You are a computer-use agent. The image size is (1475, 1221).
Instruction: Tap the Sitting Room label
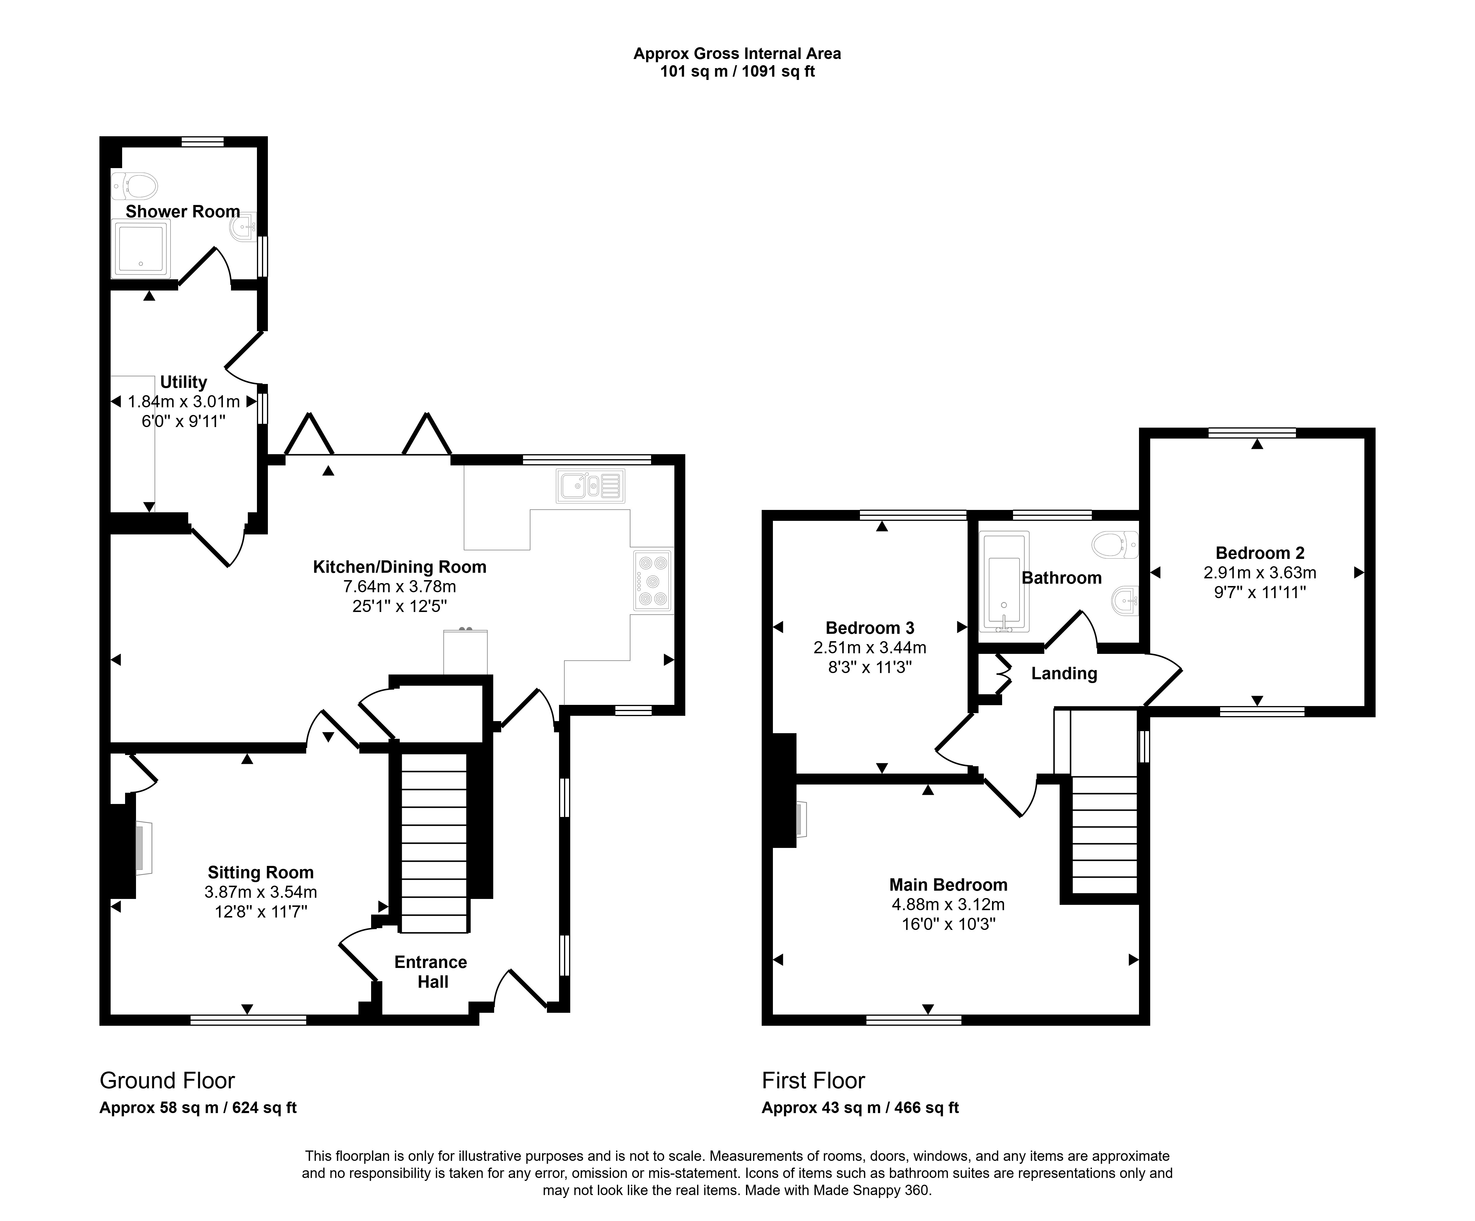[x=260, y=873]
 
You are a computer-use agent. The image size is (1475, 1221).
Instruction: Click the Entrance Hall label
[x=431, y=972]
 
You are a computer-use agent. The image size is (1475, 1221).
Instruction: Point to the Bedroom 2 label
[x=1260, y=553]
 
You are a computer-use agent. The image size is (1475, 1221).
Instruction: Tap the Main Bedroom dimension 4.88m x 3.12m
[x=948, y=904]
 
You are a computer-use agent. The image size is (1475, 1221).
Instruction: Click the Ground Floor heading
[x=167, y=1081]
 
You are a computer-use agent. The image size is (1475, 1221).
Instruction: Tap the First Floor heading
[x=813, y=1081]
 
